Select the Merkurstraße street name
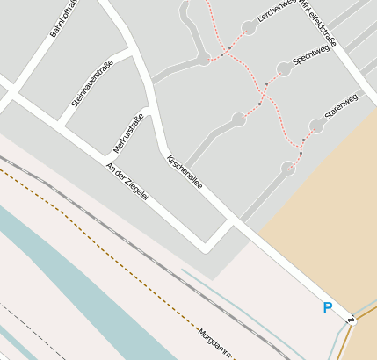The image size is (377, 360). click(128, 133)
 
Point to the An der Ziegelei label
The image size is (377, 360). click(127, 182)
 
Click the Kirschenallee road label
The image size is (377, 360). click(185, 172)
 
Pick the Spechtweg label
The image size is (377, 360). click(310, 57)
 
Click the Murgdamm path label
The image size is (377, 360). click(215, 343)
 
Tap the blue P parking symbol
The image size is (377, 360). click(328, 308)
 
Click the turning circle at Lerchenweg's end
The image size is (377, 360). click(249, 28)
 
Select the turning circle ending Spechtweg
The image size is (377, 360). click(283, 68)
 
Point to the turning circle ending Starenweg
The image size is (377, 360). click(316, 126)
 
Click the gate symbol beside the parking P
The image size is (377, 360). click(350, 319)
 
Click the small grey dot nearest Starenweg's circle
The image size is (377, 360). click(304, 139)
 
